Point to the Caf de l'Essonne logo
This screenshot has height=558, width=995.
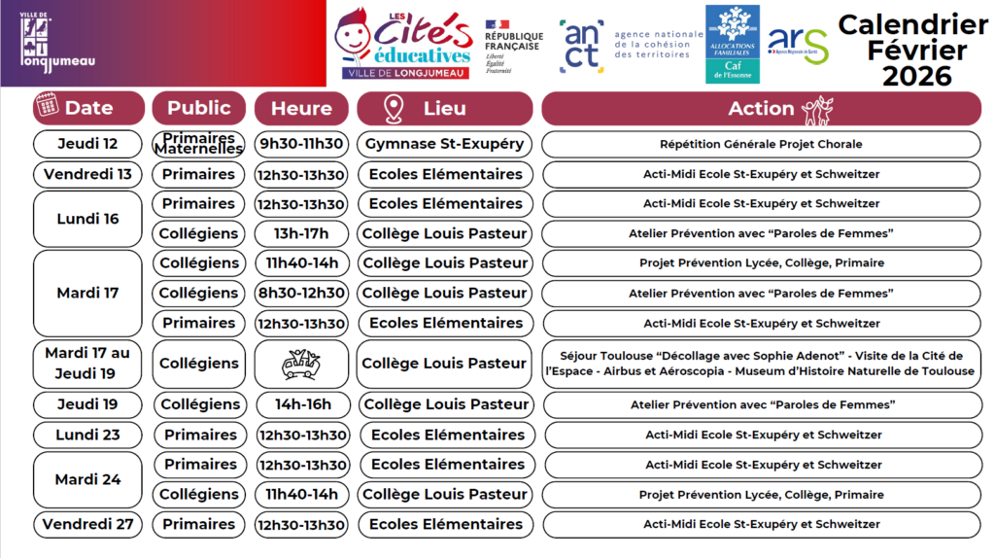point(732,45)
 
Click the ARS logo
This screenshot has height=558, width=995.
point(798,44)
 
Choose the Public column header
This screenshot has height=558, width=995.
point(198,108)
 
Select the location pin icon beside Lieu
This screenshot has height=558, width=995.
point(393,109)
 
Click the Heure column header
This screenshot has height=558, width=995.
point(301,108)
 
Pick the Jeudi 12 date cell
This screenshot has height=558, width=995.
point(87,144)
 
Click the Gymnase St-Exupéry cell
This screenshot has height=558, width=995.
point(444,144)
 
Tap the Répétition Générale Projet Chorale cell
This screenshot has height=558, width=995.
point(761,144)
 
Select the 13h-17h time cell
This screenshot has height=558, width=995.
point(301,233)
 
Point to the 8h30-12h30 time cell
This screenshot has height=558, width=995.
point(301,293)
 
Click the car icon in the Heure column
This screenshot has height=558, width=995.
point(301,364)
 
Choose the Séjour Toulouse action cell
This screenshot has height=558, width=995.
point(761,364)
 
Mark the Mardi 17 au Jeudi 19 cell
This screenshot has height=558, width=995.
point(87,364)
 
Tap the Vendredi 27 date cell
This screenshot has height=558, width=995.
point(87,524)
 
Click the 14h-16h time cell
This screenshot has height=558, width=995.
point(301,404)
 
